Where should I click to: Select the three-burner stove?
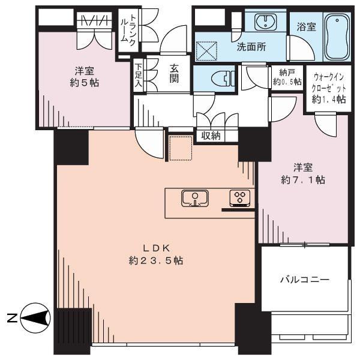(240, 198)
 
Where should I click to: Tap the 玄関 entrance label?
(174, 73)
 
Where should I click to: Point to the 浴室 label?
(306, 26)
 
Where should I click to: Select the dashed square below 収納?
(179, 148)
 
